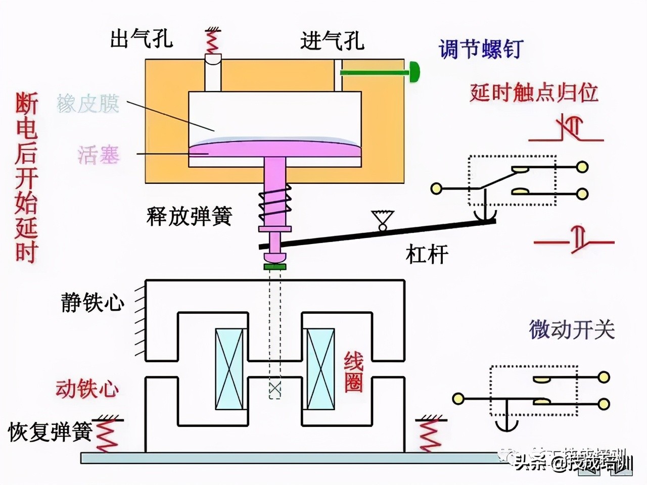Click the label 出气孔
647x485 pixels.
[x=141, y=39]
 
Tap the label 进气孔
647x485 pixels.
[x=332, y=40]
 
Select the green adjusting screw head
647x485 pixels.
[x=414, y=72]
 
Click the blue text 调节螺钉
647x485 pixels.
[x=480, y=50]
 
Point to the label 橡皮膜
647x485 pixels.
[x=88, y=104]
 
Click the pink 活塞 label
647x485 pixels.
[x=99, y=155]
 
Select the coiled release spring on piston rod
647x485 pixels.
[x=274, y=204]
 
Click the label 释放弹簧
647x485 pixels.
[x=189, y=216]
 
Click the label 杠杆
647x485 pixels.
[x=427, y=254]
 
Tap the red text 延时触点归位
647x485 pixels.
[x=534, y=93]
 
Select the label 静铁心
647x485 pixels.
[x=93, y=303]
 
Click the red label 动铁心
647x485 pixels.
[x=87, y=389]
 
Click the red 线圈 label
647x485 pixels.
[x=354, y=372]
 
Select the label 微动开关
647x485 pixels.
[x=572, y=330]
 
